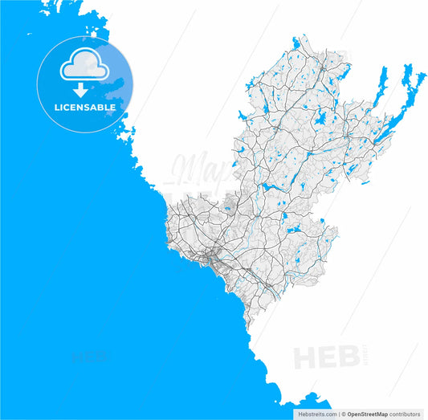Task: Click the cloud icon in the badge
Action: [84, 63]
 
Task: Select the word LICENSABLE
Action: [84, 107]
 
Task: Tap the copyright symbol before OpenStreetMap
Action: [343, 414]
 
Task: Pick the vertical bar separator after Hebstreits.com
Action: [336, 414]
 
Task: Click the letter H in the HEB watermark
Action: [308, 357]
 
